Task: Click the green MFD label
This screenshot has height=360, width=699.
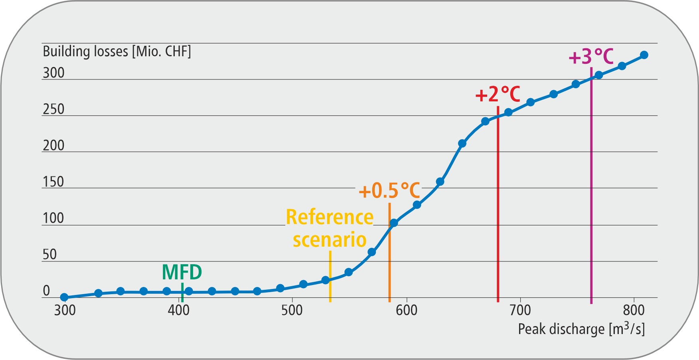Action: point(182,273)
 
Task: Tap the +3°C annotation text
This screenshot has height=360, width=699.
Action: point(591,57)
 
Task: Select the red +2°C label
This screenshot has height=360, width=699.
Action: point(498,95)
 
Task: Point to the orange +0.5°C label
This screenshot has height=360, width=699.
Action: point(389,191)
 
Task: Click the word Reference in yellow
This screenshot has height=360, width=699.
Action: point(330,218)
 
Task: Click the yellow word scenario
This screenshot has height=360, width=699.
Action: point(330,240)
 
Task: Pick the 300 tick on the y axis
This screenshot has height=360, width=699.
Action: point(53,73)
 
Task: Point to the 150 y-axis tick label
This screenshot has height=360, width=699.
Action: point(53,182)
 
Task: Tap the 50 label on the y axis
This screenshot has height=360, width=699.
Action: point(49,255)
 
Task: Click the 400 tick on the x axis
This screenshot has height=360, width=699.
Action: point(178,310)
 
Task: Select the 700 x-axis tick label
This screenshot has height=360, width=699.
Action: point(520,310)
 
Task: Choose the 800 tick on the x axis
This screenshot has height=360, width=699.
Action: point(634,310)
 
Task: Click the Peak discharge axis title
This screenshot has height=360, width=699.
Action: point(581,329)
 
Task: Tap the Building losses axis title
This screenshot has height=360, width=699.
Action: point(117,51)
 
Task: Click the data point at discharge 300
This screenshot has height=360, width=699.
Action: point(64,297)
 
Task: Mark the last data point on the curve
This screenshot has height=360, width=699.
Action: point(644,55)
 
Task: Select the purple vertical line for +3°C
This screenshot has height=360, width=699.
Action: point(591,200)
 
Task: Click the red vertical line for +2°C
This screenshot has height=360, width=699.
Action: point(498,208)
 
